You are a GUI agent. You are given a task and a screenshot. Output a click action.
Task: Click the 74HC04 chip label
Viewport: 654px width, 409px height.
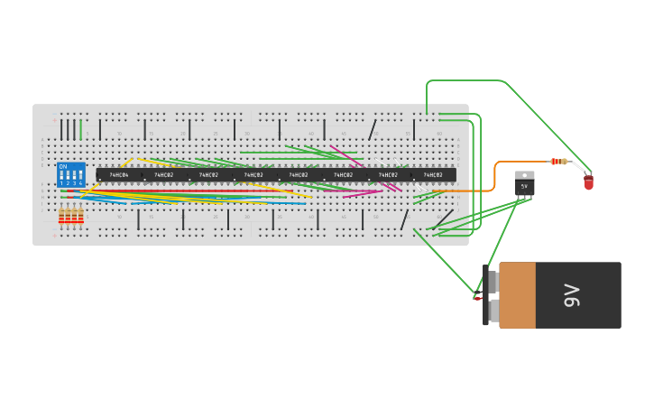coord(119,174)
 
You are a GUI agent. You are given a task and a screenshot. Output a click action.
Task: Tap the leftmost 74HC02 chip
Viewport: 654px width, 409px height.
coord(163,174)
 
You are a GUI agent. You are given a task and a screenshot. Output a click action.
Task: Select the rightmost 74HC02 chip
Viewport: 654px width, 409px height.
coord(433,174)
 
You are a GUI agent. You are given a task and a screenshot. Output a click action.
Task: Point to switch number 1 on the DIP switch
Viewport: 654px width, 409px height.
coord(61,175)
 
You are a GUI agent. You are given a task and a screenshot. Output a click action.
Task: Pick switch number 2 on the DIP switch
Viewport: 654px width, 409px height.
coord(68,175)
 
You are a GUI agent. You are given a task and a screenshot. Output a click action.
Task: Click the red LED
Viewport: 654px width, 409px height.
coord(588,182)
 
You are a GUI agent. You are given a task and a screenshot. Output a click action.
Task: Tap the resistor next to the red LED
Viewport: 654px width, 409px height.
coord(559,162)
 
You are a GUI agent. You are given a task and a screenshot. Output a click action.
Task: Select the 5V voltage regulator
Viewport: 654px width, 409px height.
coord(524,185)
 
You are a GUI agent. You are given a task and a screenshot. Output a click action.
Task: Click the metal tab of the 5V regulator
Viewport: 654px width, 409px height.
coord(524,174)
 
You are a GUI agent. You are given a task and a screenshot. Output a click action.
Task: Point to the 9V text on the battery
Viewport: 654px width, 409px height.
coord(571,295)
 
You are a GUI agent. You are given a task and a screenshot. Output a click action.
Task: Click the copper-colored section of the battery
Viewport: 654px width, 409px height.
coord(517,295)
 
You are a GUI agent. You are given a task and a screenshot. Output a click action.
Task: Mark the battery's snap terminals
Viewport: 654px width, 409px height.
coord(492,295)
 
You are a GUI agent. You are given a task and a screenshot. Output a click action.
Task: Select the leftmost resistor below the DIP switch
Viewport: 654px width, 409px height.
coord(61,215)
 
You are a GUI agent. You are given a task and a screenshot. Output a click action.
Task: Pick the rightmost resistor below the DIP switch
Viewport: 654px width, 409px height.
coord(80,215)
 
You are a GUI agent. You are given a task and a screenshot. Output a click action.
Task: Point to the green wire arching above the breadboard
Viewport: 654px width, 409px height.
coord(465,80)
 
